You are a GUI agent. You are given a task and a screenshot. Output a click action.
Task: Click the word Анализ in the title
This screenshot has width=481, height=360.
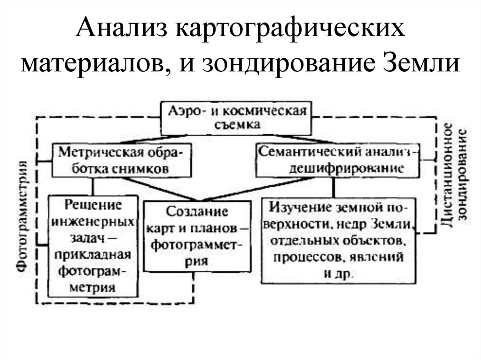click(122, 31)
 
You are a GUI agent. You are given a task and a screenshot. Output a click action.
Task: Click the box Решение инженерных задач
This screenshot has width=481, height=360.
click(93, 246)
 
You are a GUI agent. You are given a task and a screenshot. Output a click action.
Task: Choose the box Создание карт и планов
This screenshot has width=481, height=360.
click(197, 236)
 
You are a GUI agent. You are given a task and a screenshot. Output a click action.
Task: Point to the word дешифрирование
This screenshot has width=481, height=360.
click(346, 168)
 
